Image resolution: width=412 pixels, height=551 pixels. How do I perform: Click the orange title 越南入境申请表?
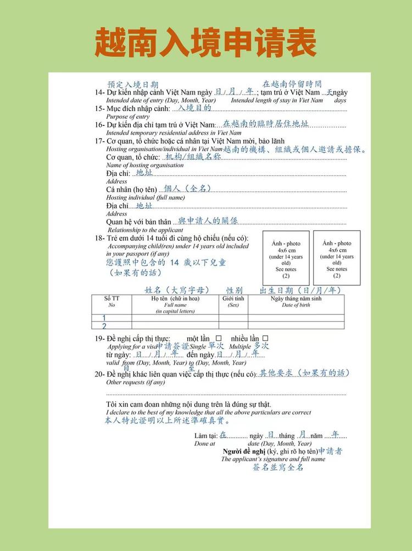coord(205,42)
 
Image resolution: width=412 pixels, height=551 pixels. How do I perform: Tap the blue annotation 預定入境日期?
coord(133,85)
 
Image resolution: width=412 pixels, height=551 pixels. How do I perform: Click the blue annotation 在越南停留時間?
coord(292,84)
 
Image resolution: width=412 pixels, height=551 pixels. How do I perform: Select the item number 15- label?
coord(99,109)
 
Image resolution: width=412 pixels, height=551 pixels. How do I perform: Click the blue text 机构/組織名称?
coord(193,156)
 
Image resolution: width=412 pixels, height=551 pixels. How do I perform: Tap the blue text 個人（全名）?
coord(187,188)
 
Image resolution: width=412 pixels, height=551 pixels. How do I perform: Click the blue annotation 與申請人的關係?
coord(208,221)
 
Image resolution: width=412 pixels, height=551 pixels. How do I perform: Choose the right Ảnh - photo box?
coord(337,258)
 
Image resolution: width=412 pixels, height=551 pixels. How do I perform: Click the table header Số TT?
coord(112,301)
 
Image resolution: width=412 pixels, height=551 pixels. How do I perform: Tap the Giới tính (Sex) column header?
coord(233,301)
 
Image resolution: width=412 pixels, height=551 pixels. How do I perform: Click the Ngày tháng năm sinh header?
coord(296,299)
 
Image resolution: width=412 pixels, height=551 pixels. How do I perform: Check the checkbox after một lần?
coord(219,338)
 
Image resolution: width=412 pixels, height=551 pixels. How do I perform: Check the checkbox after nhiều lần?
coord(265,338)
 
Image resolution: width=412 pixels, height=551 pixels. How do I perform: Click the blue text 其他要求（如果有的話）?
coord(304,373)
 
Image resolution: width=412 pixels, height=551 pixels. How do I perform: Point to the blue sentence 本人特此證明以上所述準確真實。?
coord(168,421)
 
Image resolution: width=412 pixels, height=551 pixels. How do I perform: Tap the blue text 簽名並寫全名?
coord(278,467)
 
